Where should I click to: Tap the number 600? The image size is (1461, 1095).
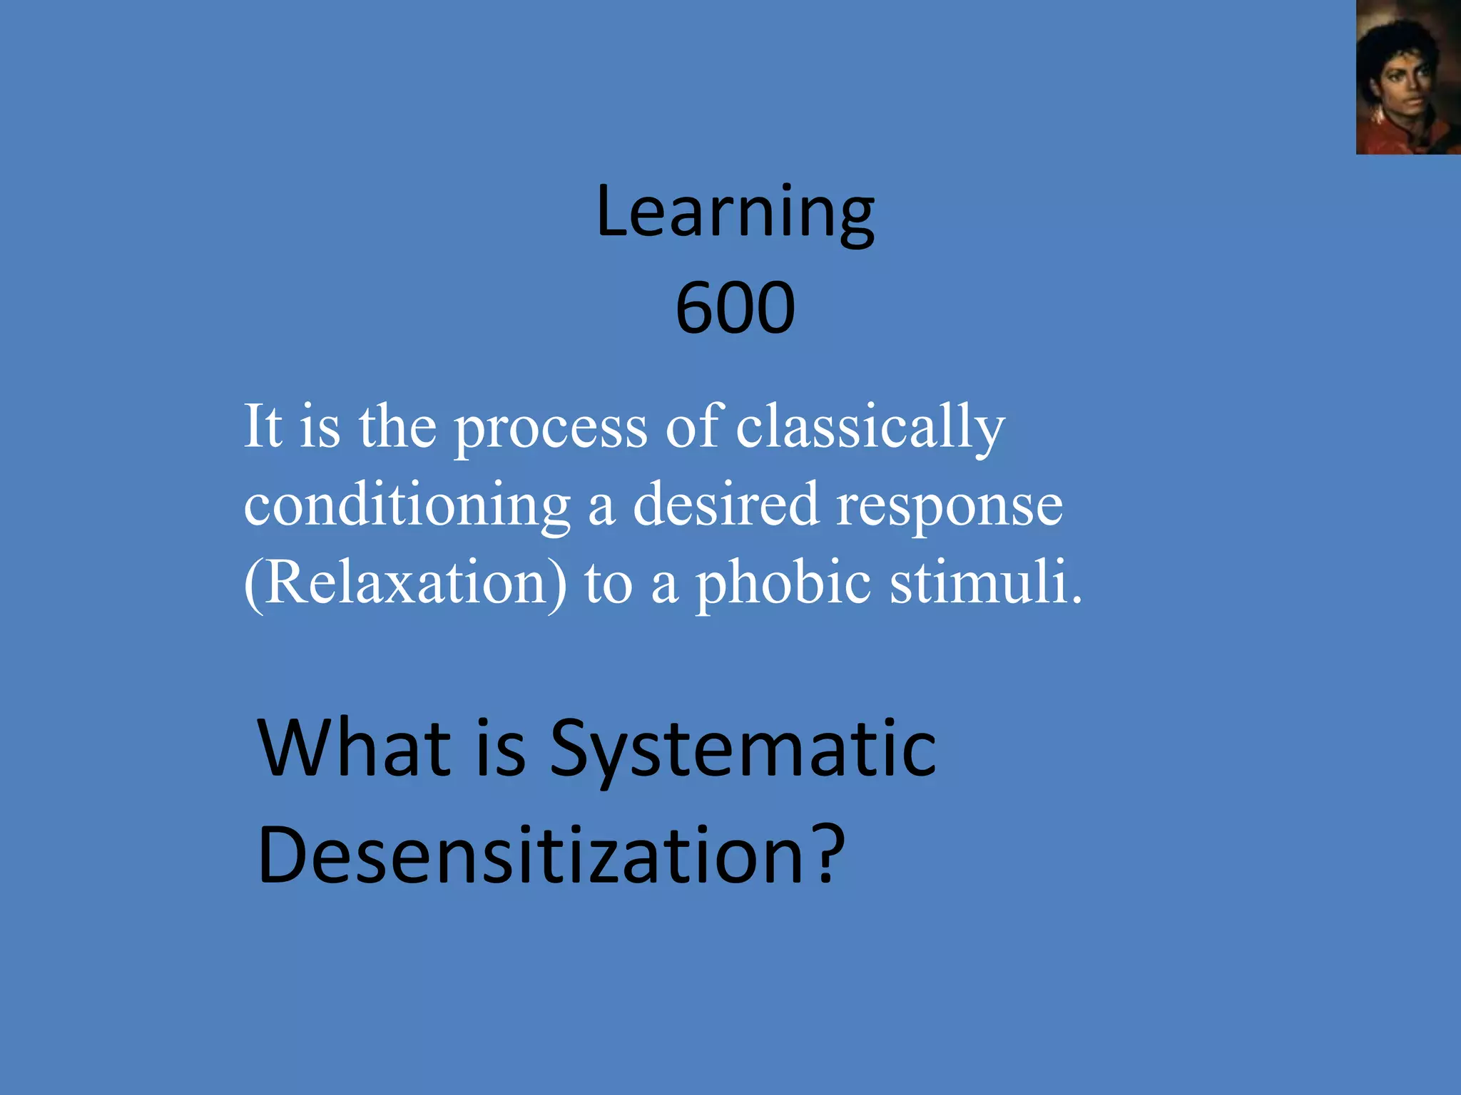click(x=735, y=308)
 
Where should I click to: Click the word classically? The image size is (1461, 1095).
click(x=870, y=428)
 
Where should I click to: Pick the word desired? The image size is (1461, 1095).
click(x=726, y=505)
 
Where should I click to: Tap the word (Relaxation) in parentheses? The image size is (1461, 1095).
click(x=406, y=583)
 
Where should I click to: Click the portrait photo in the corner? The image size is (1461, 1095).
click(x=1407, y=77)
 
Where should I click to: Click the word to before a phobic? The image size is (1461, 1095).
click(x=609, y=583)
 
